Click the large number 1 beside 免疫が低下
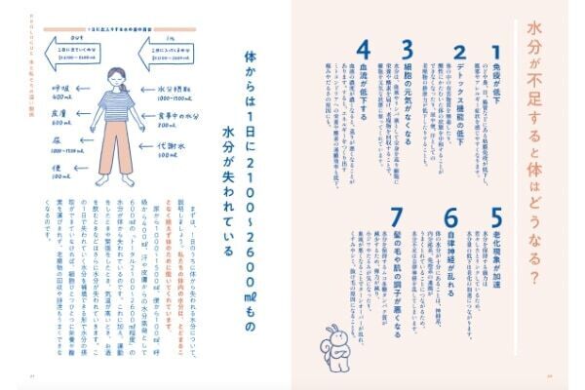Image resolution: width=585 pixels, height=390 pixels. (x=495, y=51)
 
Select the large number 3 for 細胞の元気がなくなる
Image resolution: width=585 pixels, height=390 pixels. (x=408, y=51)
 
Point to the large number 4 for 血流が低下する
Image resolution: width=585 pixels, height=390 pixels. (x=364, y=51)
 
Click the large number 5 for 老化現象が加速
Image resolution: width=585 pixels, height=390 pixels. (x=495, y=216)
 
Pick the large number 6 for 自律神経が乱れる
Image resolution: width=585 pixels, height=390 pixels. (x=450, y=216)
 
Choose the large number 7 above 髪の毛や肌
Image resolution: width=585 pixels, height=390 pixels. (x=397, y=216)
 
